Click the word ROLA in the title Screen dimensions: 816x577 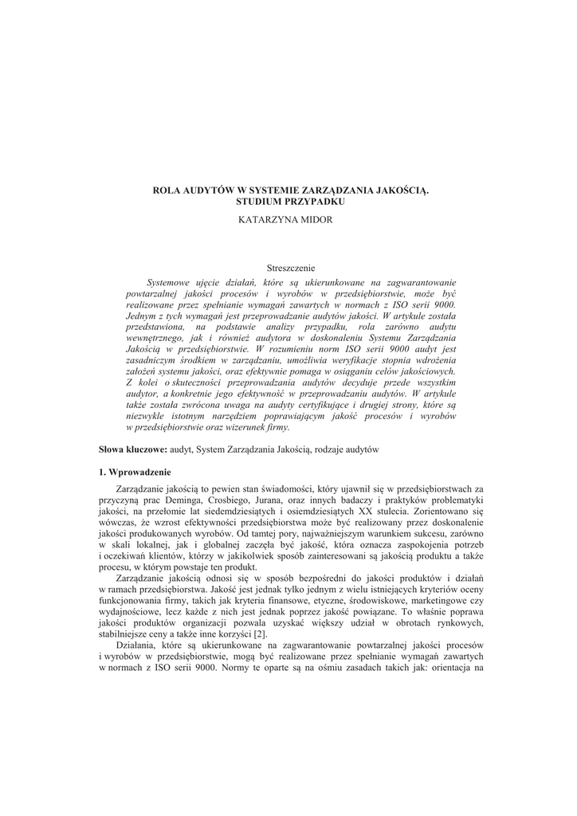pos(167,191)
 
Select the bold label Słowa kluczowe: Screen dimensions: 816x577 pos(132,450)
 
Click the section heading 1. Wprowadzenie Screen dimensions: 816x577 pos(135,473)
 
